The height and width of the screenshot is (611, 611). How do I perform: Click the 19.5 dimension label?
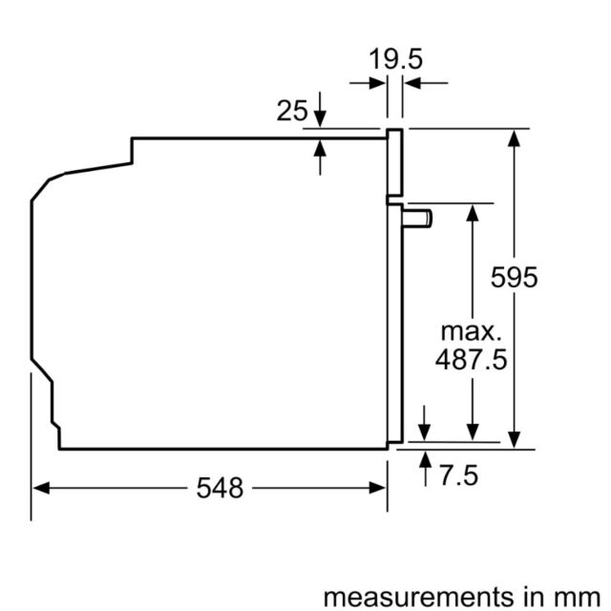click(x=395, y=59)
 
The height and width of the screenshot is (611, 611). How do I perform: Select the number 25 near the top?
click(x=292, y=111)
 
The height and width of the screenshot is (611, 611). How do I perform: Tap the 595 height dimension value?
click(x=514, y=277)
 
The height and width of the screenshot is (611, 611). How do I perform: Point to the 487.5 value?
click(x=471, y=359)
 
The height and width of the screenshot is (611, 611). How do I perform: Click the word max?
click(x=471, y=332)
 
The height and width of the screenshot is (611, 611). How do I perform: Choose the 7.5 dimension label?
click(x=458, y=475)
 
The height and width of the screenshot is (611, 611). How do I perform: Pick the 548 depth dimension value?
click(x=220, y=488)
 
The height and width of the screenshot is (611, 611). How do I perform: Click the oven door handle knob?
click(x=417, y=219)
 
